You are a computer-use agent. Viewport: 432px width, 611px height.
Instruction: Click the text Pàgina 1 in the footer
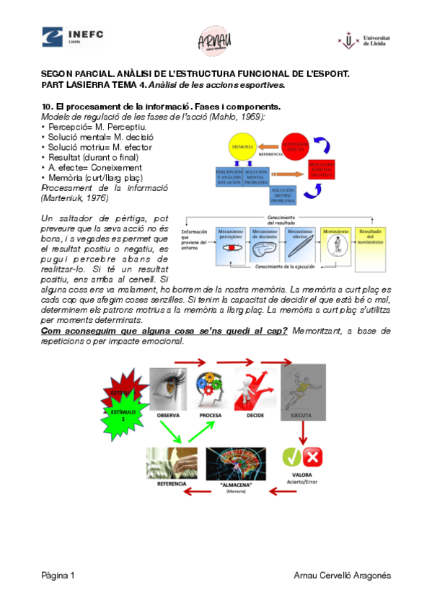58,575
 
